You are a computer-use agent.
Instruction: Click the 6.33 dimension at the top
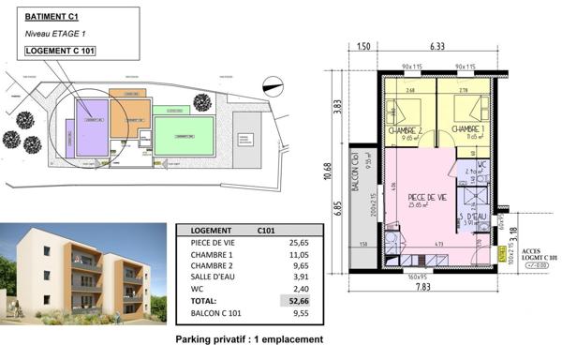[437, 45]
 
